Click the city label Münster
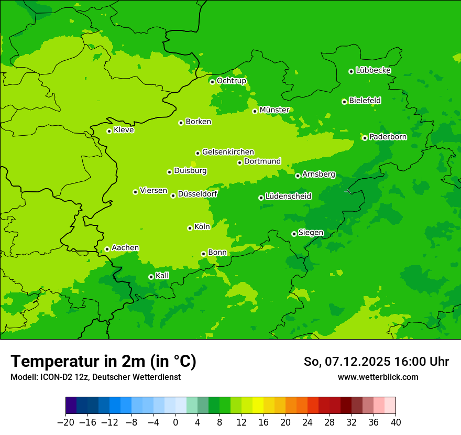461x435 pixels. (275, 110)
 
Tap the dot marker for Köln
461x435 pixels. (190, 228)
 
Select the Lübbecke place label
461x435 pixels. (373, 70)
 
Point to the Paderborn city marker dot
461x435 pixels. (365, 138)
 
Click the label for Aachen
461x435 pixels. (125, 248)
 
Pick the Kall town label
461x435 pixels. (162, 276)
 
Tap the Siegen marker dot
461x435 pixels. (294, 234)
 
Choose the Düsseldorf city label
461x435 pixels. (197, 194)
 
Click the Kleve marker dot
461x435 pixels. (109, 131)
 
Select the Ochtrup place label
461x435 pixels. (232, 81)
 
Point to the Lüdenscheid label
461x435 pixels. (288, 197)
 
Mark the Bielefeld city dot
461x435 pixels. (344, 102)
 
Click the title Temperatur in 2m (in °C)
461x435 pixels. (103, 362)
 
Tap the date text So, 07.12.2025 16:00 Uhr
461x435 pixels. (376, 362)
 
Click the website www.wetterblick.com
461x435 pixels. (378, 377)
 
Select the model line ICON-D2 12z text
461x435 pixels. (95, 377)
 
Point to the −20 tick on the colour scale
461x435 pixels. (66, 422)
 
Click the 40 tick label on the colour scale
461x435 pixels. (396, 422)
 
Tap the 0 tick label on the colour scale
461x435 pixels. (175, 422)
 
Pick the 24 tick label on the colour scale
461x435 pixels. (308, 422)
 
